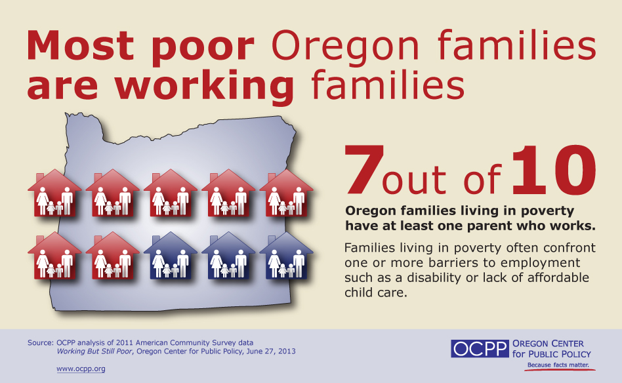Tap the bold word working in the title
[205, 87]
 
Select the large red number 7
[364, 170]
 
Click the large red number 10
[554, 170]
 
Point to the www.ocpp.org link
[81, 369]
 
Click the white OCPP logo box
[480, 348]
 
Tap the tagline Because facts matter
[558, 365]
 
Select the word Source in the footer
[40, 342]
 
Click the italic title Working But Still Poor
[94, 352]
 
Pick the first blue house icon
[170, 256]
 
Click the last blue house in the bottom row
[286, 256]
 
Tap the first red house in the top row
[54, 193]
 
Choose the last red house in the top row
[286, 193]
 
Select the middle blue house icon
[228, 256]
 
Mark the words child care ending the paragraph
[375, 292]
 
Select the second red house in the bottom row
[112, 256]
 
